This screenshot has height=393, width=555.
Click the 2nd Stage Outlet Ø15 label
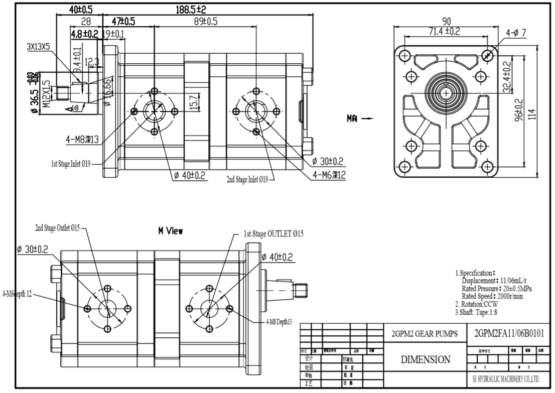coord(57,228)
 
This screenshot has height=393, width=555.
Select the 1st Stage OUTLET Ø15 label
coord(273,234)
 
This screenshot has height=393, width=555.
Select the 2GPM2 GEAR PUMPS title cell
coord(425,334)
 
